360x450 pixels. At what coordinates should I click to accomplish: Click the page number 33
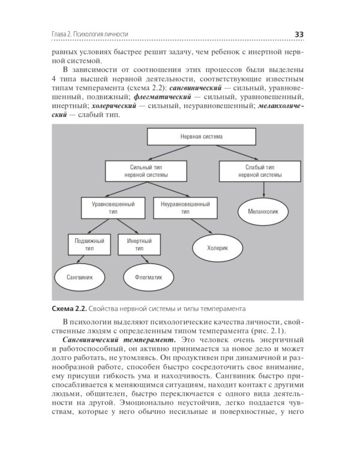pos(298,34)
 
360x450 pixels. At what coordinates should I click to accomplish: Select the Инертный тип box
pos(139,244)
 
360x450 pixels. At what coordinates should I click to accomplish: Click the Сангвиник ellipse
pos(79,278)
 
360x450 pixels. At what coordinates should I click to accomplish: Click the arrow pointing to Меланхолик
pos(265,189)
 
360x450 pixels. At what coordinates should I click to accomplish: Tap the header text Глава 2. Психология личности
pos(90,34)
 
